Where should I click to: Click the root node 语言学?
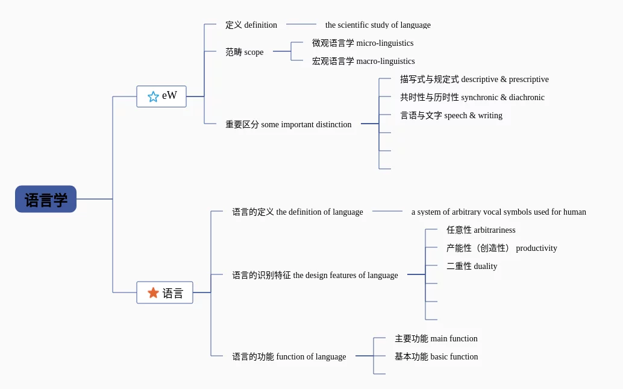(x=46, y=199)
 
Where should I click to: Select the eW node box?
(x=161, y=96)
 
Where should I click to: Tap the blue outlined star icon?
(x=153, y=96)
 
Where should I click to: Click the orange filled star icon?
(x=153, y=293)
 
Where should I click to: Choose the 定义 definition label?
(x=251, y=25)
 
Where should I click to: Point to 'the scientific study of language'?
(x=378, y=25)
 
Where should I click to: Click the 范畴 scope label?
(x=245, y=52)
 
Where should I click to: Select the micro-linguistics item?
(x=363, y=43)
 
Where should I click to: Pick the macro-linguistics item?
(x=363, y=61)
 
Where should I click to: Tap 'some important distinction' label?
(x=289, y=124)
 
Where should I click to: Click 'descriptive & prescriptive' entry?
(x=474, y=79)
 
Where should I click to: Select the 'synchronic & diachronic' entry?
(x=472, y=97)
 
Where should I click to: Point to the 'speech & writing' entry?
(x=451, y=115)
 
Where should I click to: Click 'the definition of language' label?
(x=298, y=212)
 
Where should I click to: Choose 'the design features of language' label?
(x=315, y=275)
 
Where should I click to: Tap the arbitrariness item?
(x=481, y=230)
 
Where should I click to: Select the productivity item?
(x=502, y=248)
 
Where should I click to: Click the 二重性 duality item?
(x=472, y=266)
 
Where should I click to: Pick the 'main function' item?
(x=436, y=338)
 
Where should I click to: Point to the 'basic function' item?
(x=436, y=356)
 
